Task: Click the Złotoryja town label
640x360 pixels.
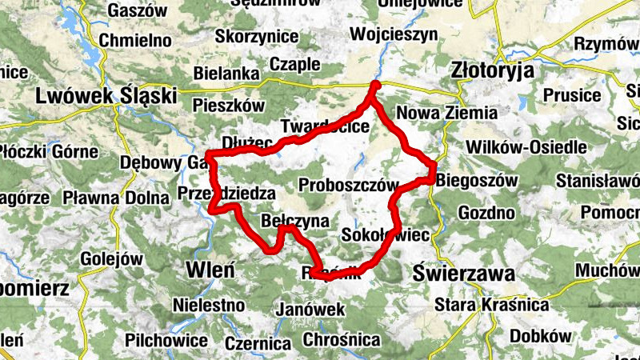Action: pyautogui.click(x=492, y=70)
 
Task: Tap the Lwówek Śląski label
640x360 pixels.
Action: pyautogui.click(x=106, y=96)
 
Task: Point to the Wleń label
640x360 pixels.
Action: pyautogui.click(x=210, y=269)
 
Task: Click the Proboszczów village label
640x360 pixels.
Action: pyautogui.click(x=348, y=186)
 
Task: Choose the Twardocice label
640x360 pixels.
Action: pyautogui.click(x=326, y=126)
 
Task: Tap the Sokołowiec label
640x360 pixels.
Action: pyautogui.click(x=386, y=235)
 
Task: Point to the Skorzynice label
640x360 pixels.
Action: pyautogui.click(x=257, y=37)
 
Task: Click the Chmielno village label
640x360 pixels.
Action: pyautogui.click(x=138, y=39)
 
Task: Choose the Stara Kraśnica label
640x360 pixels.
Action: pyautogui.click(x=491, y=305)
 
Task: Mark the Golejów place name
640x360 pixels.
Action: pyautogui.click(x=111, y=259)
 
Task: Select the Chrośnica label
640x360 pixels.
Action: pyautogui.click(x=342, y=339)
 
